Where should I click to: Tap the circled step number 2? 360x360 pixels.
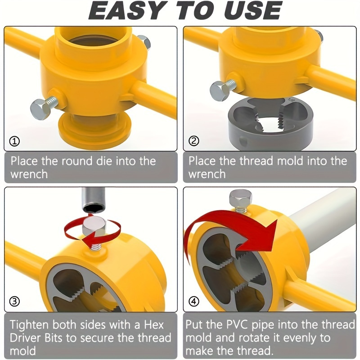[194, 141]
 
